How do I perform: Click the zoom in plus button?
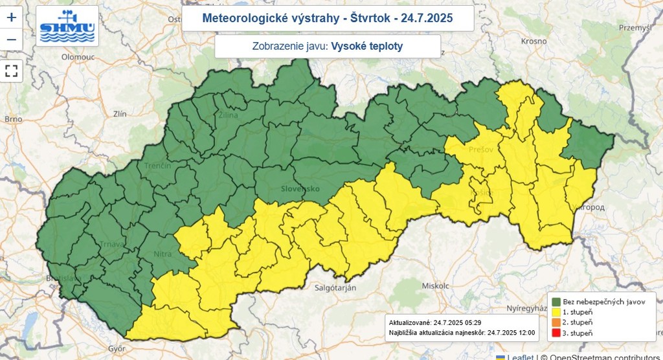(x=11, y=17)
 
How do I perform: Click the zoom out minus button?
(x=11, y=40)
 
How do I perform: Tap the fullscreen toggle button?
(x=11, y=71)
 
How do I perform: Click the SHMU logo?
(x=67, y=27)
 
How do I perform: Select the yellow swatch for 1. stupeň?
(x=556, y=311)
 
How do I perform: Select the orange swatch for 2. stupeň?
(x=556, y=322)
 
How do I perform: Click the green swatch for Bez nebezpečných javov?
(x=556, y=301)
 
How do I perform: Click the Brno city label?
(x=13, y=119)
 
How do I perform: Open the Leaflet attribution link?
(x=521, y=357)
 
